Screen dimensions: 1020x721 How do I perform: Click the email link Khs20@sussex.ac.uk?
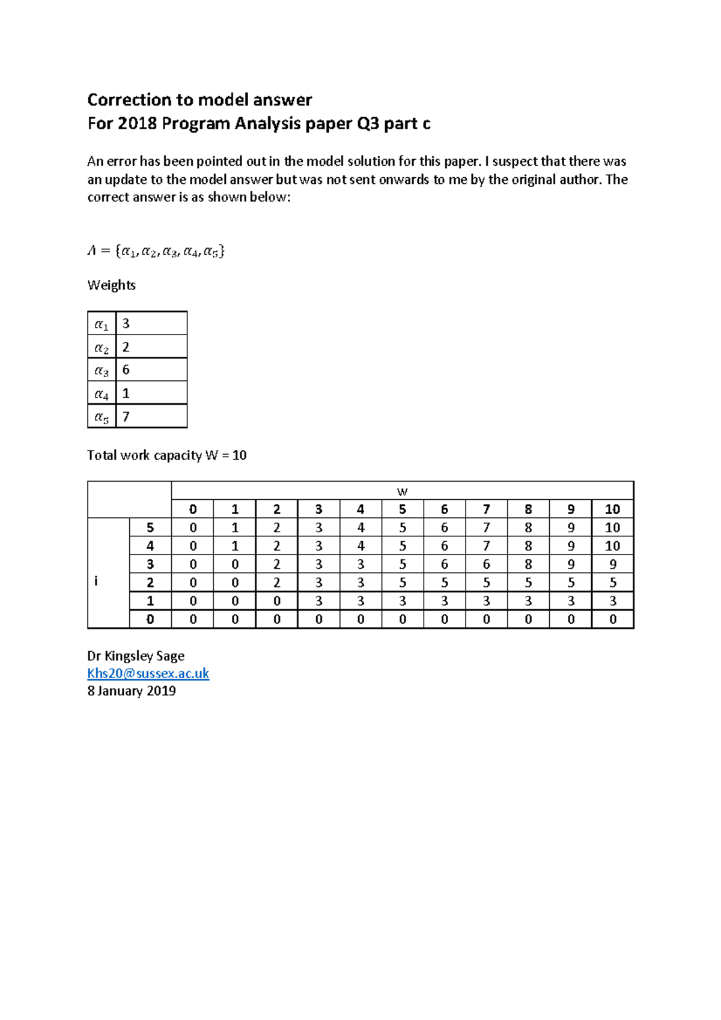pos(148,673)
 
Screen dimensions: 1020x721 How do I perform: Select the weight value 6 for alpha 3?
pos(126,369)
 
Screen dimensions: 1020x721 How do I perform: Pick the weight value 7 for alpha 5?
pos(126,416)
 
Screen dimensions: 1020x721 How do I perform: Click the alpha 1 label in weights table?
pos(102,324)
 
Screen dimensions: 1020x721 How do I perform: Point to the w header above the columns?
pos(402,491)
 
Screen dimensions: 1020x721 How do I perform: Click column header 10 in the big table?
pos(612,509)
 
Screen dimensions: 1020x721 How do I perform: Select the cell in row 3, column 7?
pos(486,564)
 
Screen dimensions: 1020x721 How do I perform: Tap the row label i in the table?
pos(96,581)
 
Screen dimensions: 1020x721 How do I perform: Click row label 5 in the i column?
pos(150,527)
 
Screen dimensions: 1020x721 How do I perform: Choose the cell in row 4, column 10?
pos(612,546)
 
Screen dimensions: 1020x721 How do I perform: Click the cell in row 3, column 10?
pos(612,564)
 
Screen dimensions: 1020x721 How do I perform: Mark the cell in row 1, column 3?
pos(318,601)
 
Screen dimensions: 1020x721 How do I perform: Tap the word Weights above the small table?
pos(111,285)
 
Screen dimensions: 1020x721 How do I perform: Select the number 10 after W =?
pos(239,455)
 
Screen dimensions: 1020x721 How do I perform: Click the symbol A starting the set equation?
pos(92,251)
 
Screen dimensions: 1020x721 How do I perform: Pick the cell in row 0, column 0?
pos(193,619)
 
